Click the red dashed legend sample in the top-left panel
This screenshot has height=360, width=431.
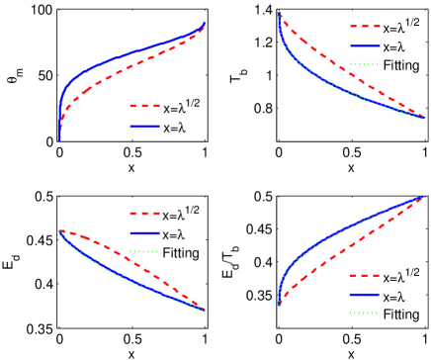coord(144,105)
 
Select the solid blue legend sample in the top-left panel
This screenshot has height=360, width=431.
coord(144,126)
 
